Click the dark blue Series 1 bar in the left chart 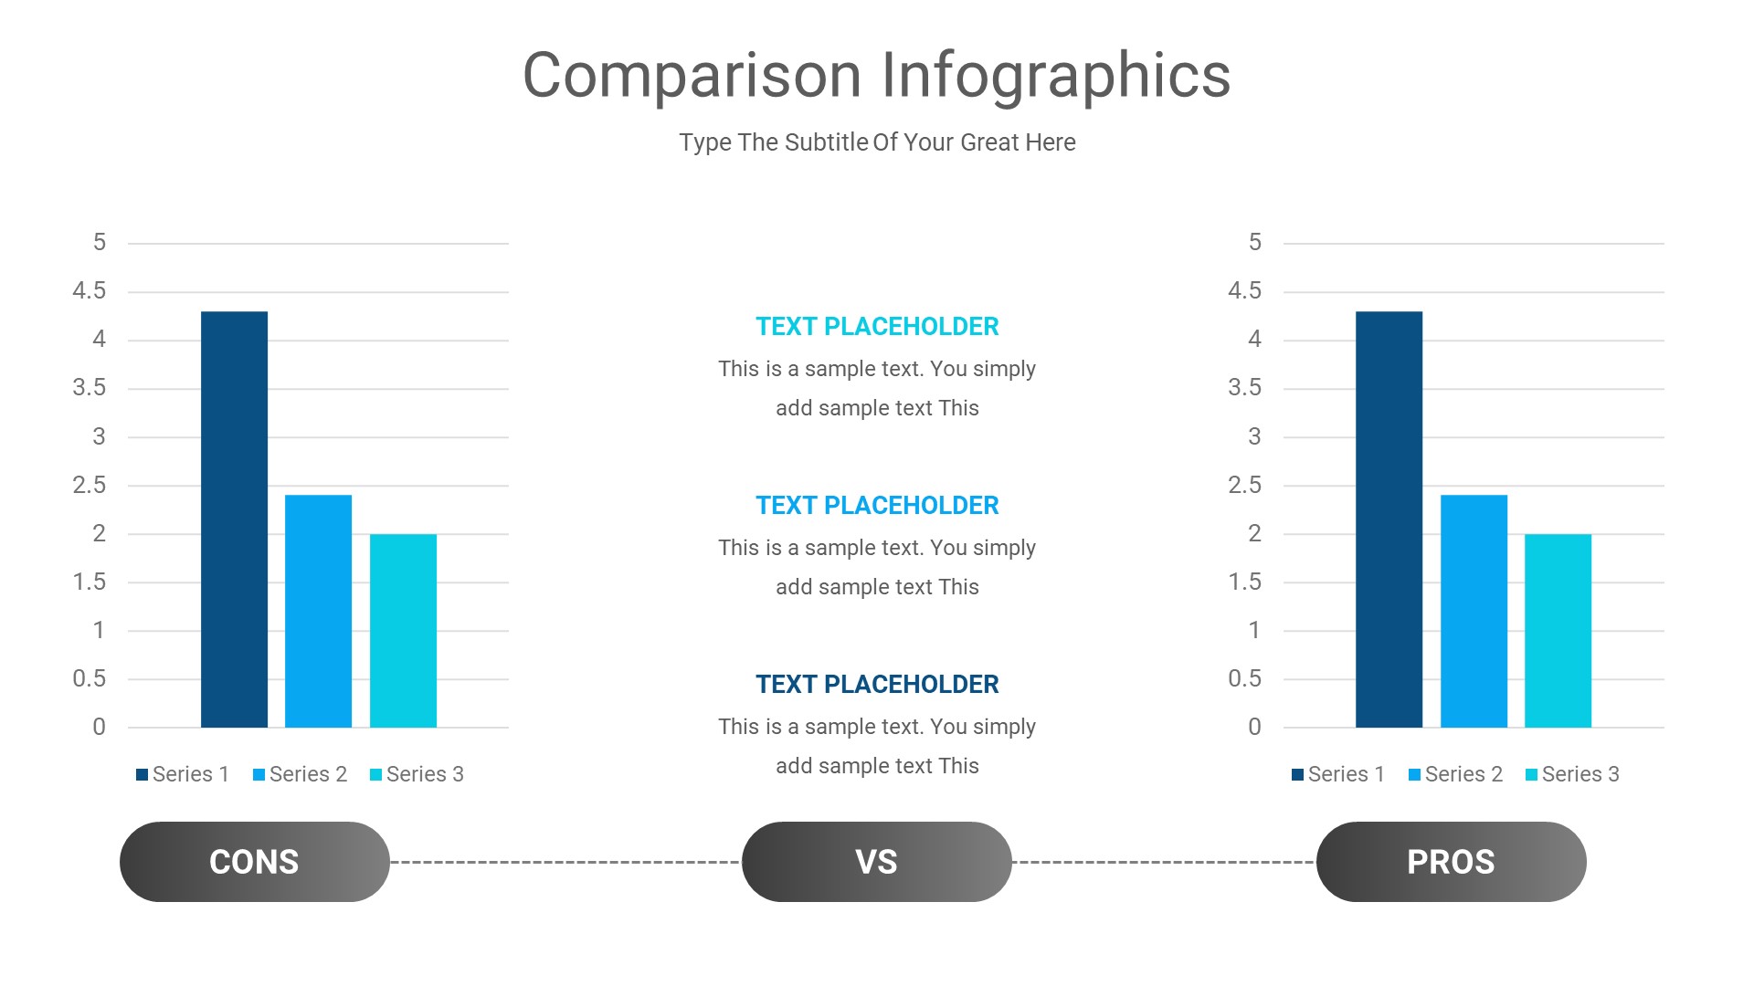tap(234, 520)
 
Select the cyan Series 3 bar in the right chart tap(1558, 631)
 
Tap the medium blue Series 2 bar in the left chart tap(318, 612)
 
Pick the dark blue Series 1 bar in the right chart tap(1389, 520)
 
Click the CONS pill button tap(254, 862)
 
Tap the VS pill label tap(876, 862)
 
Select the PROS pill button tap(1451, 862)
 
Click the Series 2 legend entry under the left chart tap(300, 774)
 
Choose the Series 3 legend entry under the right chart tap(1572, 774)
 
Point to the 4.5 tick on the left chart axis tap(90, 291)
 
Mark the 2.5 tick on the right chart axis tap(1244, 485)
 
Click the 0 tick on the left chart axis tap(99, 728)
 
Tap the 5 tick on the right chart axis tap(1254, 242)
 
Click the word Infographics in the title tap(1055, 76)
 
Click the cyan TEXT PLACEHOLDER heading tap(877, 327)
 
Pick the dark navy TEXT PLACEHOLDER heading tap(877, 685)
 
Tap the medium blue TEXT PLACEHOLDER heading tap(877, 506)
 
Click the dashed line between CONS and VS tap(566, 862)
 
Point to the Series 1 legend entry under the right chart tap(1338, 774)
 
